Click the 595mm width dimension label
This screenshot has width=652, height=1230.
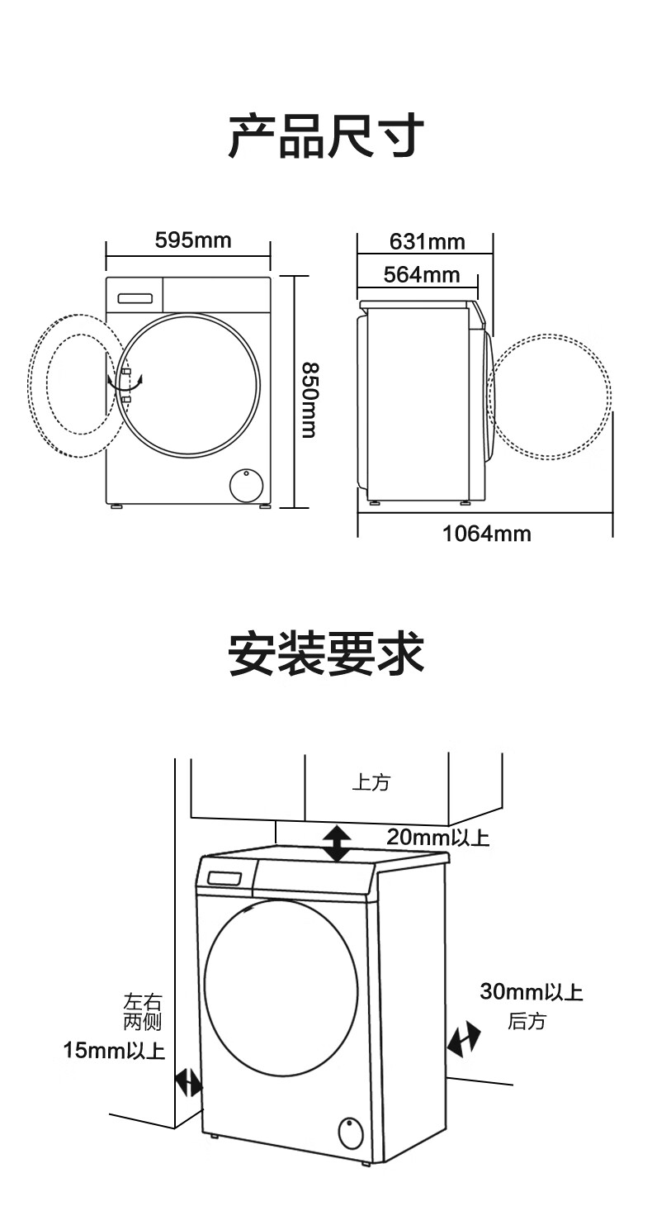click(192, 240)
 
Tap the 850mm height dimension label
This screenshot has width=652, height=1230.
click(309, 400)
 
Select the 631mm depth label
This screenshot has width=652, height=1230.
click(427, 241)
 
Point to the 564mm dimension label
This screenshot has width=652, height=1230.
click(422, 274)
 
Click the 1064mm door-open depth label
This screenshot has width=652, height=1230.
click(487, 534)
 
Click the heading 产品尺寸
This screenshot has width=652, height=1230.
click(326, 135)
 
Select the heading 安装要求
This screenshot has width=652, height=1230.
click(326, 653)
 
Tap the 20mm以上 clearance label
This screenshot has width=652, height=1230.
click(437, 838)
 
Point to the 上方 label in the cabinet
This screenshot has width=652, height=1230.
click(371, 782)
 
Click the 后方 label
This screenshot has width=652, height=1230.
click(527, 1021)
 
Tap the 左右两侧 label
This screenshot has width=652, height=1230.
click(143, 1012)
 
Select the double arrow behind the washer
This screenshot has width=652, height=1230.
click(463, 1039)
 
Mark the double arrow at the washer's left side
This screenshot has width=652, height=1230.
click(188, 1084)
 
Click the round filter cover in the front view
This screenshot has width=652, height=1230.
click(246, 485)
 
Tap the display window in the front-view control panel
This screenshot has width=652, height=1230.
click(135, 298)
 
